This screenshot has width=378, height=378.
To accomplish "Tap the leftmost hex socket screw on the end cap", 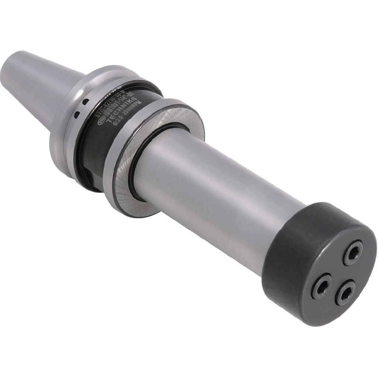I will point(321,285).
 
